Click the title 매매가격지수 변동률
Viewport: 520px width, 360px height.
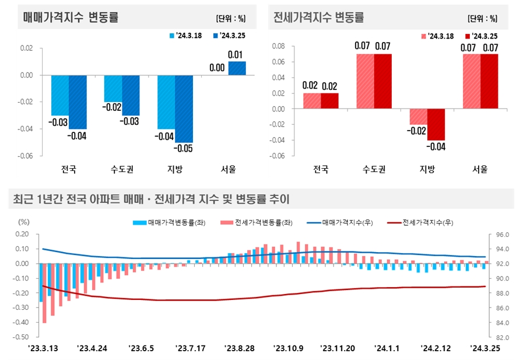71,17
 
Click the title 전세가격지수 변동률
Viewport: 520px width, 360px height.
319,17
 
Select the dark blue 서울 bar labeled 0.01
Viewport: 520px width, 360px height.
237,68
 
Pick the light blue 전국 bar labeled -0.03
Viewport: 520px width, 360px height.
60,95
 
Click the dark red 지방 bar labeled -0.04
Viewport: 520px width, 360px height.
436,124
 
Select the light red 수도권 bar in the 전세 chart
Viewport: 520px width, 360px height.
366,81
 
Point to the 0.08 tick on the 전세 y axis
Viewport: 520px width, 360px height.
278,46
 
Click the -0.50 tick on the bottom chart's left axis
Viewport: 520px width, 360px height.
21,337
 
